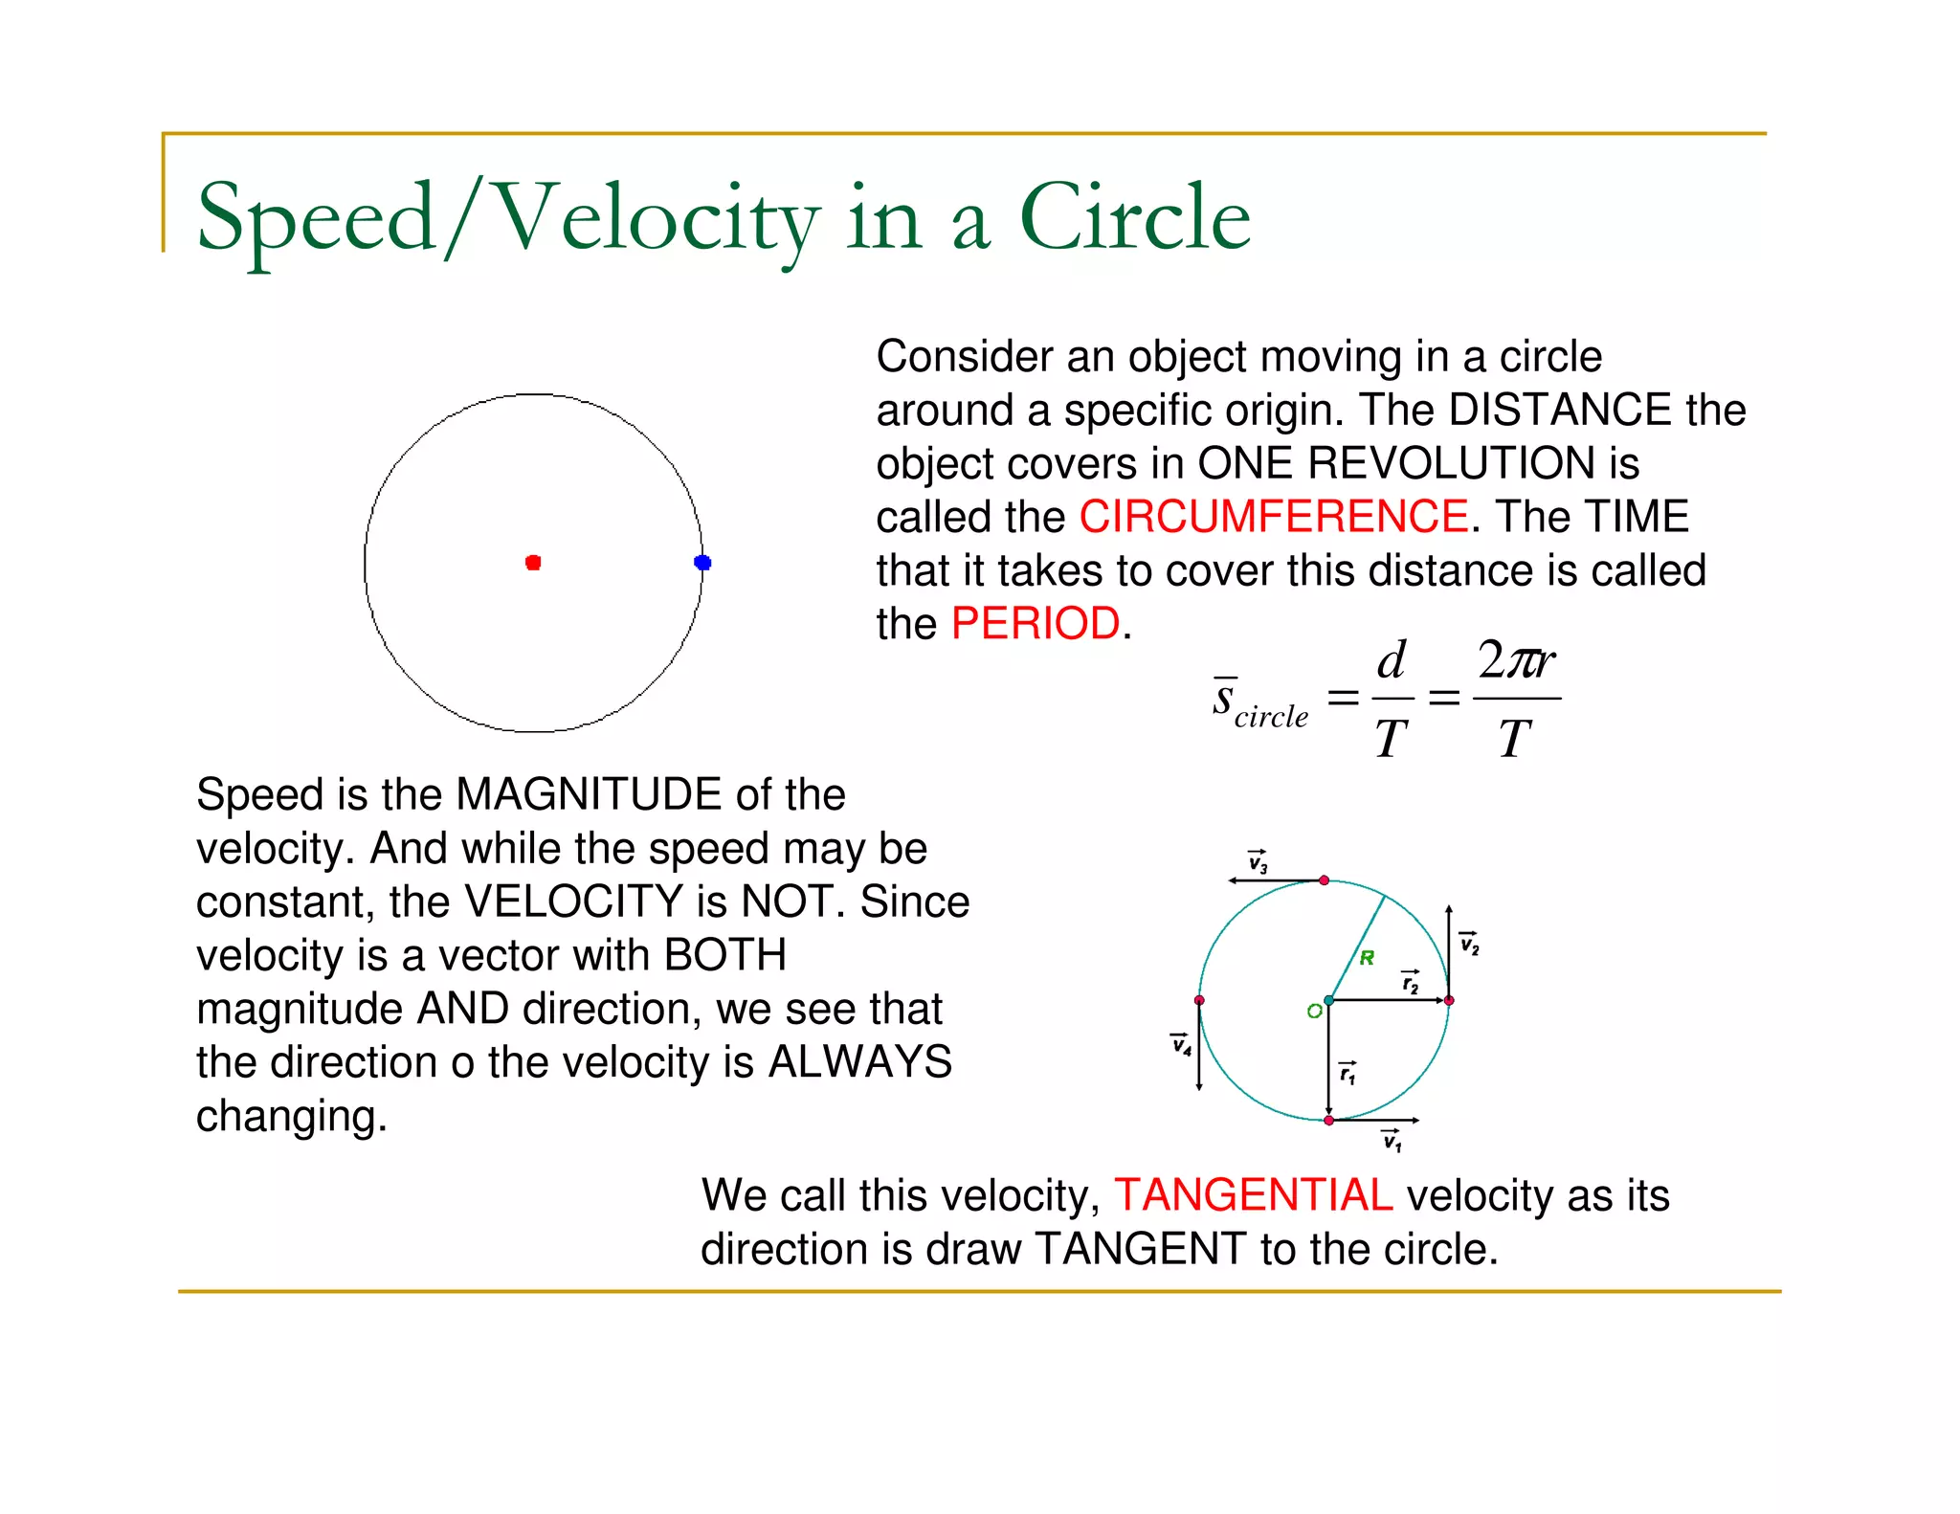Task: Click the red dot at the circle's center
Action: point(533,563)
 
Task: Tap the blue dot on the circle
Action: point(702,563)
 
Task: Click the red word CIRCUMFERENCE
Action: point(1273,518)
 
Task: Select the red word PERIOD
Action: point(1035,624)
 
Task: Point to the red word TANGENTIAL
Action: point(1253,1195)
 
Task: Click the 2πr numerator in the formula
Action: point(1516,660)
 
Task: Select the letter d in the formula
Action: point(1391,660)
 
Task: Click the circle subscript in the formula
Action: point(1271,717)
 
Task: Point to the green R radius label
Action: point(1367,958)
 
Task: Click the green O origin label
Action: point(1314,1012)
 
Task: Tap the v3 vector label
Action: point(1258,862)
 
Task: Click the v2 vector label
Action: point(1469,944)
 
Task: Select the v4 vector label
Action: point(1182,1044)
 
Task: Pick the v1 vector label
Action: point(1392,1140)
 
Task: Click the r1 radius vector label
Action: point(1347,1074)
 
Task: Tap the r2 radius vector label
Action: point(1411,982)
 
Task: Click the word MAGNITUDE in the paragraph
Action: point(589,795)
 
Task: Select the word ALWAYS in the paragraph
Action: point(859,1062)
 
